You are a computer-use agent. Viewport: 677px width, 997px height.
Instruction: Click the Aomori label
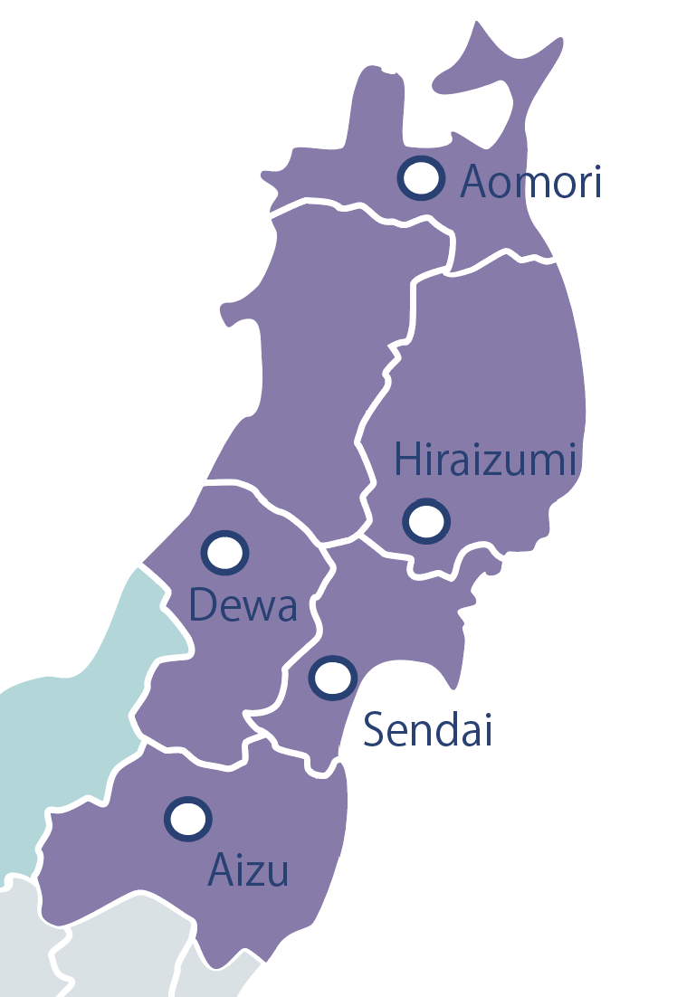530,182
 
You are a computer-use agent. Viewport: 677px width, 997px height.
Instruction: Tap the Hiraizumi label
486,460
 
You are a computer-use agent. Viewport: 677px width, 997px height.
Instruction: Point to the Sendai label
427,729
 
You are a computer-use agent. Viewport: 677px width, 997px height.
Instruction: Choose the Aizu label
249,869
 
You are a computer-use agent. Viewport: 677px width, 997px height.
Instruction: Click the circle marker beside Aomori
422,178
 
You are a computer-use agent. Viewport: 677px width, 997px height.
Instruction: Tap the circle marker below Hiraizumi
425,521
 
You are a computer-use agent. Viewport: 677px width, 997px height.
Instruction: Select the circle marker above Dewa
224,552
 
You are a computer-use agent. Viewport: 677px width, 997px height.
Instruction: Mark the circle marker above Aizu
188,819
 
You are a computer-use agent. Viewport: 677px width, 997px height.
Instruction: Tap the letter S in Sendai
373,729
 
